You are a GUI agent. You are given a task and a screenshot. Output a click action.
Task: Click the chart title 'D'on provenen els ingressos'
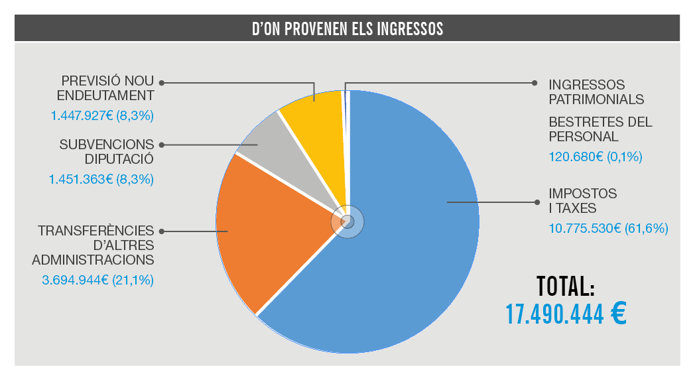348,29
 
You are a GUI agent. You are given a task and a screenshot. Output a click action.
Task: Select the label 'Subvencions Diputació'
106,151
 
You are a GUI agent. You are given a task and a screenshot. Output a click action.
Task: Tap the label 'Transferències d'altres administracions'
95,245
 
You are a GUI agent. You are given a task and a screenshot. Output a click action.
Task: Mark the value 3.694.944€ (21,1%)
97,280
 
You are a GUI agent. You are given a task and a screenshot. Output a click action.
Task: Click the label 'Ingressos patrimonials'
596,92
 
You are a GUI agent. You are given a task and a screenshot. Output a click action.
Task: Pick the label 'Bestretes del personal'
600,129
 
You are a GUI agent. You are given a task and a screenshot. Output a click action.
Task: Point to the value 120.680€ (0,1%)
596,157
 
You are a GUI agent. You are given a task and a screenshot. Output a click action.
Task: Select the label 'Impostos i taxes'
582,200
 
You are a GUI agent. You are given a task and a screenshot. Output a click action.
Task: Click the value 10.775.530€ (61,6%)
608,229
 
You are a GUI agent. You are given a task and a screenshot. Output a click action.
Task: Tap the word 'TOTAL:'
565,286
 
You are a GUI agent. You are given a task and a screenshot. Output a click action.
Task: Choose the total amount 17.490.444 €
566,314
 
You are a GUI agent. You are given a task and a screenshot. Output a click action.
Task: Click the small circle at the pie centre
348,222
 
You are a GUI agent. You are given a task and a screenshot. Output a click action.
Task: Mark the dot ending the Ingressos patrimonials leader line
535,83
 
